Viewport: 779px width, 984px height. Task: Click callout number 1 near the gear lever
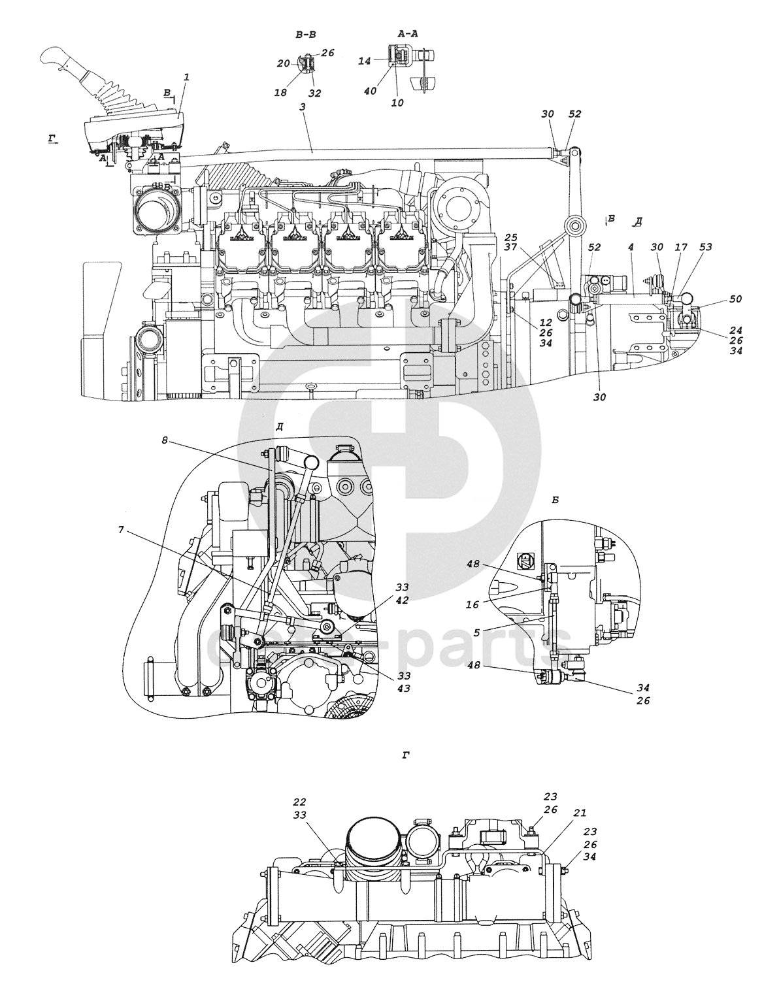pyautogui.click(x=187, y=77)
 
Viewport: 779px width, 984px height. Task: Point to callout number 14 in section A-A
pyautogui.click(x=365, y=61)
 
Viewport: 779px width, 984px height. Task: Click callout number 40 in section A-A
pyautogui.click(x=370, y=91)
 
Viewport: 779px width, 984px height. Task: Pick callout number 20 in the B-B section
pyautogui.click(x=283, y=63)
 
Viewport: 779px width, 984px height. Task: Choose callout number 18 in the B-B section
pyautogui.click(x=280, y=93)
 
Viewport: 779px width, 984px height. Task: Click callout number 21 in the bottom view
pyautogui.click(x=580, y=813)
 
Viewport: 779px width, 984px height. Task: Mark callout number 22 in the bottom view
pyautogui.click(x=300, y=802)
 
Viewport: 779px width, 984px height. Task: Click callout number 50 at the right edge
pyautogui.click(x=736, y=299)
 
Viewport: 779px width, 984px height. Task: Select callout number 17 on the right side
pyautogui.click(x=681, y=247)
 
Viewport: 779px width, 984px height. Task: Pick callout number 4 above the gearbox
pyautogui.click(x=631, y=248)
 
